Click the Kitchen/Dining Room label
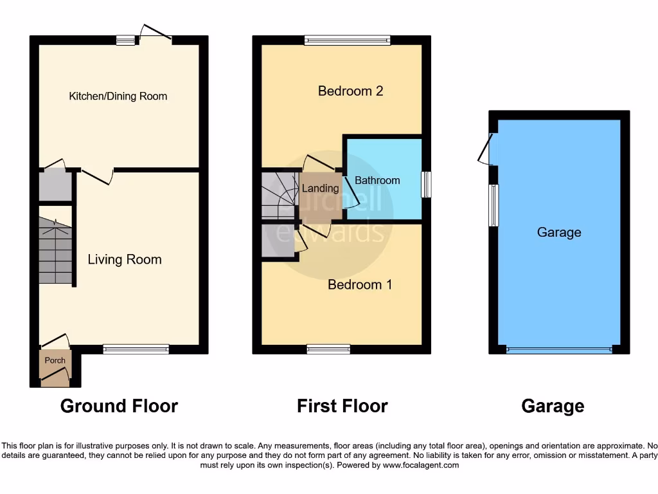(118, 96)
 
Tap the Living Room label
(125, 259)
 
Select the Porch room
(55, 368)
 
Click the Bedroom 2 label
(350, 91)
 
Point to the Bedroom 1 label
(360, 284)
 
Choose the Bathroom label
(377, 180)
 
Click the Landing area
(320, 188)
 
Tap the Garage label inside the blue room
(559, 232)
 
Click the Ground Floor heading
(119, 406)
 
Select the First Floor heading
(342, 406)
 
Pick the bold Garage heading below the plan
(553, 406)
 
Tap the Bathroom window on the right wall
(426, 185)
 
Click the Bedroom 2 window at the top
(347, 41)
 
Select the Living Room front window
(136, 349)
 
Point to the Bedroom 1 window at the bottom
(328, 349)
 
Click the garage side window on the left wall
(493, 205)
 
